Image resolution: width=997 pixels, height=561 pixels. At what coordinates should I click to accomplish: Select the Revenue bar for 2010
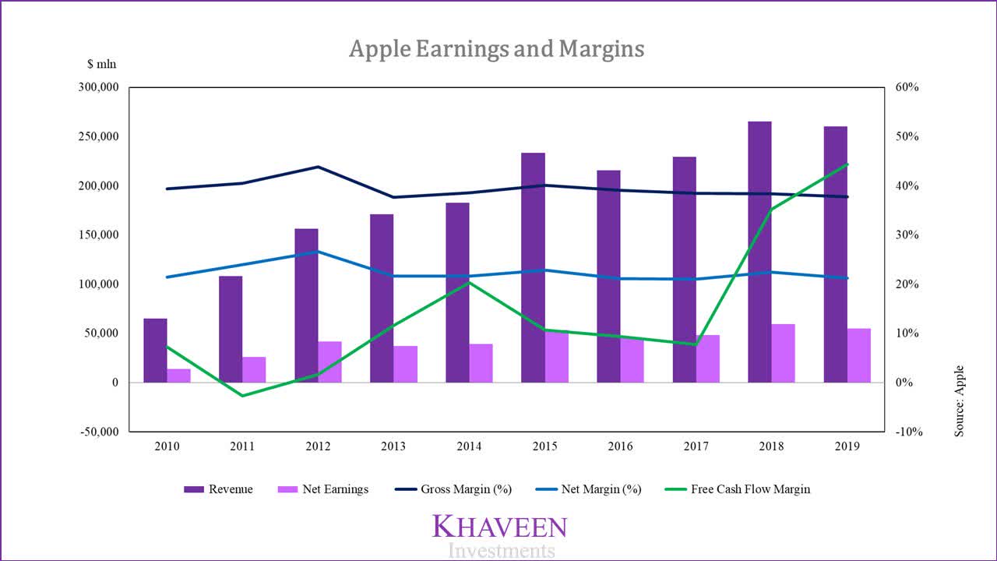click(155, 350)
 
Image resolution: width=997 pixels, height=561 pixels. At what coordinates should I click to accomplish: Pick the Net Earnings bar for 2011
click(254, 369)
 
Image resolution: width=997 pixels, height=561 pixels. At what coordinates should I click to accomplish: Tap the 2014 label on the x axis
click(469, 446)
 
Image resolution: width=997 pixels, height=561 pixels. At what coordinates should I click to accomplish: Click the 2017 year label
click(696, 446)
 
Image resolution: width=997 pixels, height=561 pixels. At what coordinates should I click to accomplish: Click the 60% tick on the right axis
click(907, 87)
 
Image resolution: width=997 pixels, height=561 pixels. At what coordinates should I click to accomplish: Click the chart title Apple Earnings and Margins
click(497, 49)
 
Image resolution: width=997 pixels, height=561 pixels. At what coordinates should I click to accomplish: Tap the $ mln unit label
click(101, 64)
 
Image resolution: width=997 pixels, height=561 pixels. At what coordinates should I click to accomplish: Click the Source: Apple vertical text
click(959, 400)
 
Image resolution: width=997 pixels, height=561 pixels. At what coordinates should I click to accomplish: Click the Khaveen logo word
click(499, 527)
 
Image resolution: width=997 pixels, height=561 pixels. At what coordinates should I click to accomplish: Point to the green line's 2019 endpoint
click(847, 164)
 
